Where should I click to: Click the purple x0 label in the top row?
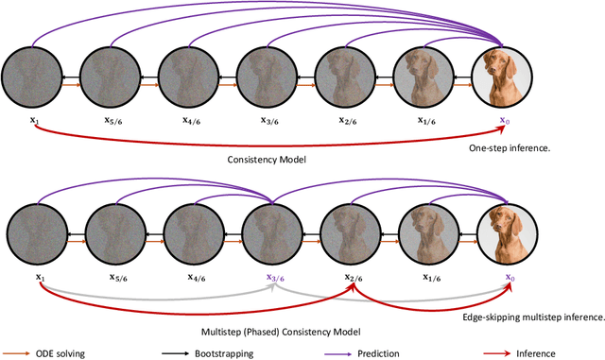[x=504, y=122]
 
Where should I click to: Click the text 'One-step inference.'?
[x=507, y=147]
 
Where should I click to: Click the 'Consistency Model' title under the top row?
[x=268, y=161]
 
